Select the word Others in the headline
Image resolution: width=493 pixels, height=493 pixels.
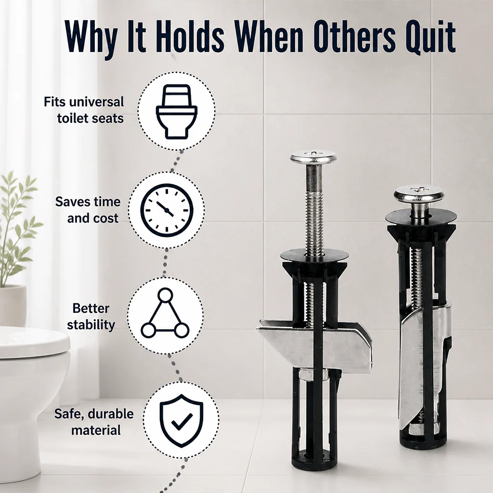pos(355,36)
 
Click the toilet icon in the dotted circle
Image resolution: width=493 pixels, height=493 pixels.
pos(177,111)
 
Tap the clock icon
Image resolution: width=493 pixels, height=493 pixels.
pos(167,210)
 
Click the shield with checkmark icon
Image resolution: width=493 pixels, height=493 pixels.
pos(182,420)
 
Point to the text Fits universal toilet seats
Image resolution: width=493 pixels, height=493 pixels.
pos(84,110)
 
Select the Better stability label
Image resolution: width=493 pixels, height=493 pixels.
pos(91,316)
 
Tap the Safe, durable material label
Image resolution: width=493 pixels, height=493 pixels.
pos(94,422)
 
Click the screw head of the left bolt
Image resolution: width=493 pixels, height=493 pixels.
pos(313,157)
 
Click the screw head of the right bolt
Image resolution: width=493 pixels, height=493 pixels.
pos(419,194)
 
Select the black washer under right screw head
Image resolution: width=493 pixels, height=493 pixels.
pos(421,218)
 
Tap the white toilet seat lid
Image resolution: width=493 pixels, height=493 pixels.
pos(33,342)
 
